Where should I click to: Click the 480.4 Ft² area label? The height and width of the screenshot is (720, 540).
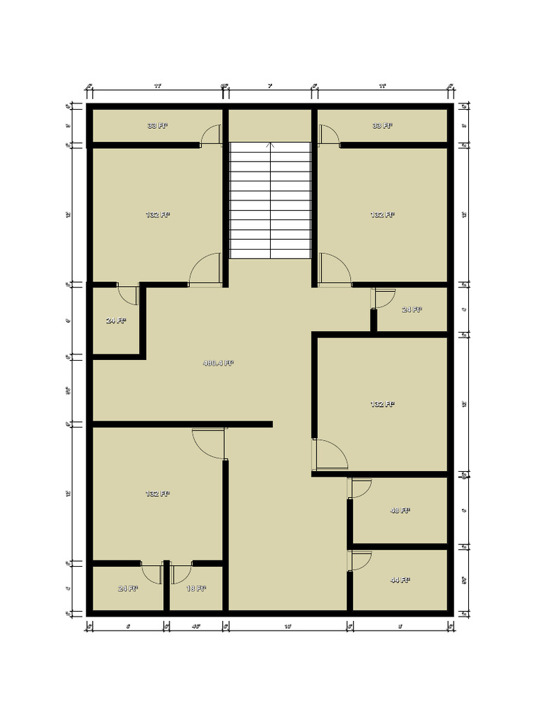[218, 364]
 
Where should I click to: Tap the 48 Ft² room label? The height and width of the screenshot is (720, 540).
[399, 510]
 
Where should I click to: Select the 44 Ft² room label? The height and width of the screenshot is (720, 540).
[399, 580]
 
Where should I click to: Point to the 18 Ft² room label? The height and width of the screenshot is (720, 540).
[195, 588]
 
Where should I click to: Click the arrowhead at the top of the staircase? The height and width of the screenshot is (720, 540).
[271, 146]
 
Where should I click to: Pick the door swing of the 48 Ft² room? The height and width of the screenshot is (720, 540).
[360, 489]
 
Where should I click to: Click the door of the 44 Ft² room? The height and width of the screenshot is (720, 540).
[360, 561]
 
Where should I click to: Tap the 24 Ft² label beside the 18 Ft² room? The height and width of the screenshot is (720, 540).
[128, 588]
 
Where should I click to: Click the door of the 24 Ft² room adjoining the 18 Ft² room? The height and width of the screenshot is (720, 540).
[153, 573]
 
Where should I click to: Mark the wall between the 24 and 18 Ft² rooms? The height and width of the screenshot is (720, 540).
[167, 587]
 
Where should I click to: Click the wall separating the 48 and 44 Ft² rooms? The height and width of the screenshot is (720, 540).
[399, 546]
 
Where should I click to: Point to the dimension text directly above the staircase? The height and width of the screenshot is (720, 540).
[270, 86]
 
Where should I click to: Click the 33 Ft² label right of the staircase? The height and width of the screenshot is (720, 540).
[382, 126]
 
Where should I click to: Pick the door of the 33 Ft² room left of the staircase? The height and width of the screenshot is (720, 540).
[212, 135]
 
